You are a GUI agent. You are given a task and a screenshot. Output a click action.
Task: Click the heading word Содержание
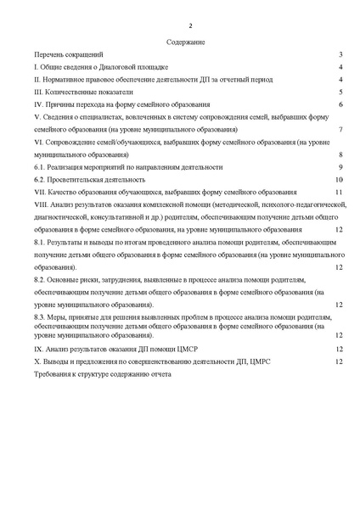[x=180, y=41]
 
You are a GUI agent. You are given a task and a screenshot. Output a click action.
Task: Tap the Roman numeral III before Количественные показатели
[x=39, y=92]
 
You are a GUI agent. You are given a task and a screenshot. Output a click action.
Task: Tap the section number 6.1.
[x=39, y=168]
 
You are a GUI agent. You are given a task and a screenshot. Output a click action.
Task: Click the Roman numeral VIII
[x=41, y=204]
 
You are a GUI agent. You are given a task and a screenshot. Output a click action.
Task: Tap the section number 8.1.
[x=39, y=243]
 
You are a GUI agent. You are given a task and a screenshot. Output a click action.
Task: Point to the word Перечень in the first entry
[x=48, y=53]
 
